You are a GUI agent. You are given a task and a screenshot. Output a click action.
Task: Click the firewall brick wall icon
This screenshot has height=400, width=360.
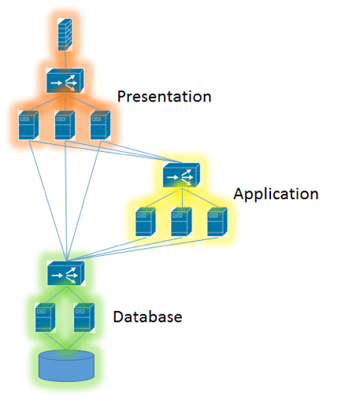click(x=65, y=35)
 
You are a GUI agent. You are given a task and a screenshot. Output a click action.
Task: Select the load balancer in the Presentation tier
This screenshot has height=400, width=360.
click(x=65, y=81)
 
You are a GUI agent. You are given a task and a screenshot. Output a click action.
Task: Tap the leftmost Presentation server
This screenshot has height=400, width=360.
click(x=28, y=125)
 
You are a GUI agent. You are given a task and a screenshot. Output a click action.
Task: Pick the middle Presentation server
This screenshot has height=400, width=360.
click(x=65, y=125)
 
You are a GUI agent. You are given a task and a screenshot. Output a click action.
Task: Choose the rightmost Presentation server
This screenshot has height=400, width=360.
click(x=100, y=125)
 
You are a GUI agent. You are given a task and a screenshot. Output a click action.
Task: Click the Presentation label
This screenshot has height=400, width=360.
click(x=164, y=97)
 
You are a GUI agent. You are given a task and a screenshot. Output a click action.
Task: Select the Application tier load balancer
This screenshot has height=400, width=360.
click(x=181, y=175)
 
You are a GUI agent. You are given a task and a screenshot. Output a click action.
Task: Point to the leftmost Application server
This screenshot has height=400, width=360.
click(x=146, y=222)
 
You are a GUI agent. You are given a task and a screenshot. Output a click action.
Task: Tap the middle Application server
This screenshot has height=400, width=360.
click(x=181, y=222)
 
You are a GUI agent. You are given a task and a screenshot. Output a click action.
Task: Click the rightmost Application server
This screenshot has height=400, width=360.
click(x=217, y=222)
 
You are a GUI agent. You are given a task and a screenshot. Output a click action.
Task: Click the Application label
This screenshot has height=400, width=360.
click(x=276, y=194)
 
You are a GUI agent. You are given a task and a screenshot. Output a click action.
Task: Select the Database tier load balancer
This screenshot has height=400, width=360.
click(x=66, y=273)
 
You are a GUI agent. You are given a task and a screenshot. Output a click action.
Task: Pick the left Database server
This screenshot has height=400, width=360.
click(x=45, y=317)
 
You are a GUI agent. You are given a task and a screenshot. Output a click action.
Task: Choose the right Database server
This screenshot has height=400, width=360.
click(x=84, y=317)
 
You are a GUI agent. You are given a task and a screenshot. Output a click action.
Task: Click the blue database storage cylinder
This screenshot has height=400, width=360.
click(x=66, y=366)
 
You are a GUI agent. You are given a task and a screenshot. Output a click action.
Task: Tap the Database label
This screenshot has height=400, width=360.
click(x=147, y=317)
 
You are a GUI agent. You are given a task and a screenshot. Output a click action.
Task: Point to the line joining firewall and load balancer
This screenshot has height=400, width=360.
click(x=65, y=60)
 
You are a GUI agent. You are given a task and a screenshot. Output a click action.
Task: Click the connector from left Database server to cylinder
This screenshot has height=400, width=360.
click(x=56, y=341)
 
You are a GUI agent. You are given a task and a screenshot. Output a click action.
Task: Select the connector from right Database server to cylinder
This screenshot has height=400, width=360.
click(x=76, y=341)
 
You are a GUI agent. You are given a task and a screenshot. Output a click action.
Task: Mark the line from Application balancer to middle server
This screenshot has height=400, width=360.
click(x=182, y=198)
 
